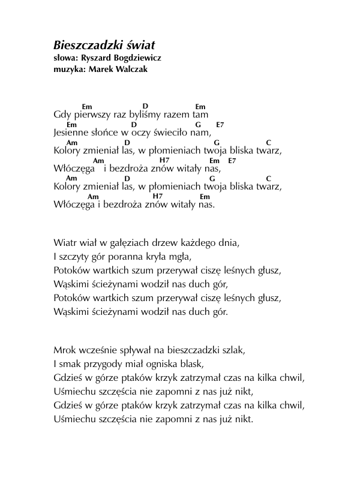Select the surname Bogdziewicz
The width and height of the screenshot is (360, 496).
click(136, 58)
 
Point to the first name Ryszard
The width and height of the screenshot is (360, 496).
click(95, 58)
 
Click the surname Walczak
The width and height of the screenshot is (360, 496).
click(127, 69)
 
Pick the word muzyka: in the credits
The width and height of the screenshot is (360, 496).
click(68, 69)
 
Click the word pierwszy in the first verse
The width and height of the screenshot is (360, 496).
click(90, 114)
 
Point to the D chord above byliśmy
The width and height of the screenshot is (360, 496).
click(145, 106)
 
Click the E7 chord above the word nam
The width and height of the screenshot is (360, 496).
click(220, 125)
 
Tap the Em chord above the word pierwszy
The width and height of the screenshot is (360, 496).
click(87, 107)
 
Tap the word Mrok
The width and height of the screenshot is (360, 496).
click(65, 350)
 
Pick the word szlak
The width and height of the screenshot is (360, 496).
click(233, 350)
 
